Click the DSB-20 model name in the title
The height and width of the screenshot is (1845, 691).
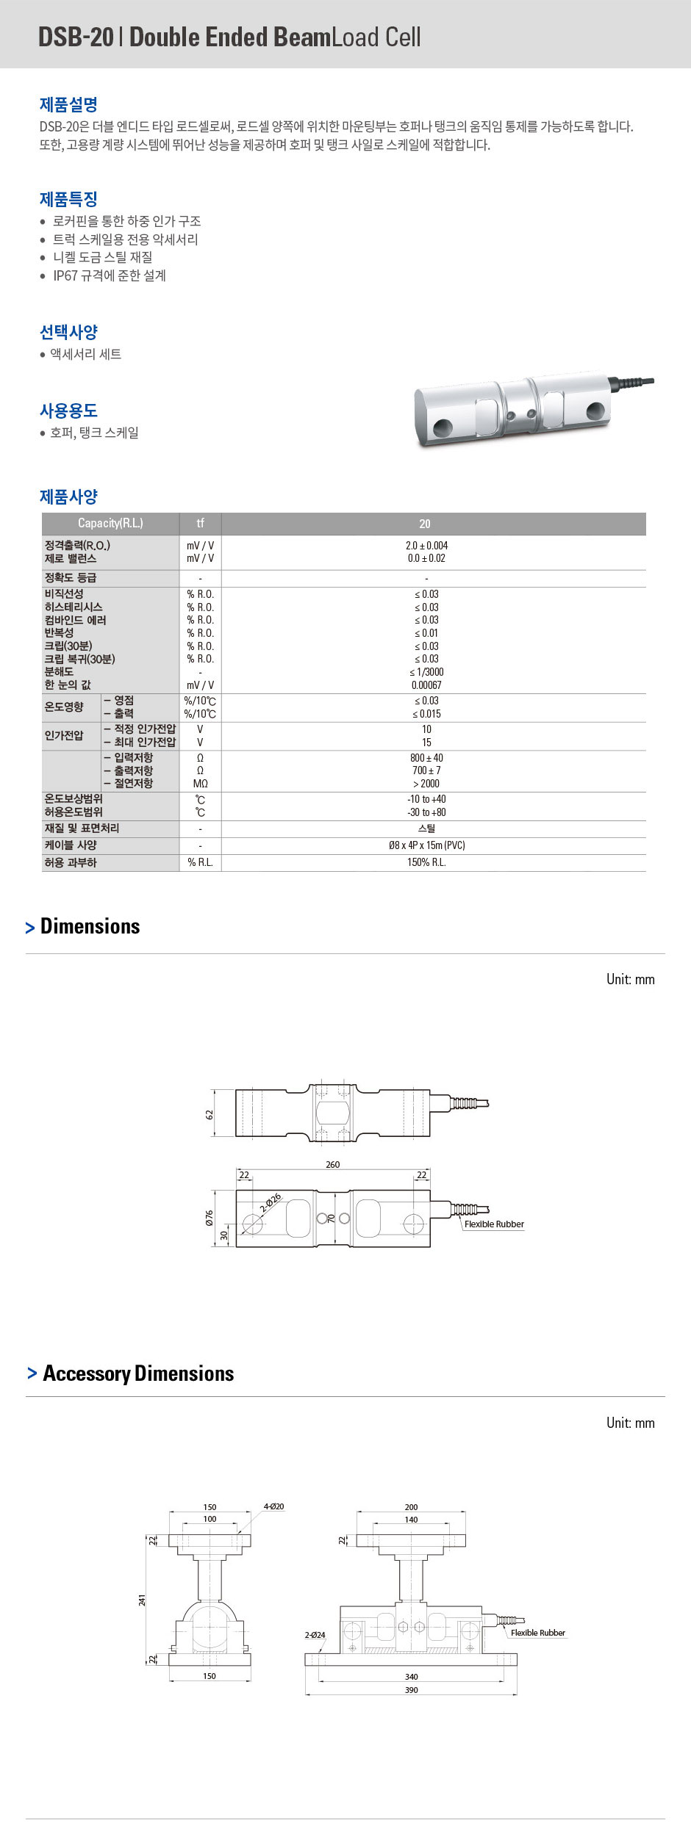[76, 37]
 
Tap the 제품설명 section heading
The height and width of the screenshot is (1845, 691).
[68, 104]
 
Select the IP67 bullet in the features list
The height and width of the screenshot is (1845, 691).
[109, 275]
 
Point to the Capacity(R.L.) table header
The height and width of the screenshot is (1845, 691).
[110, 523]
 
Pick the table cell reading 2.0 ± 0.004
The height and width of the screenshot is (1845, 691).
[426, 545]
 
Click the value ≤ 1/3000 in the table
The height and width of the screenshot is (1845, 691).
[426, 672]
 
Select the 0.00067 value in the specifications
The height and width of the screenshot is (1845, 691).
[426, 685]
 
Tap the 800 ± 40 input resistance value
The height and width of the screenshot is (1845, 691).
[426, 757]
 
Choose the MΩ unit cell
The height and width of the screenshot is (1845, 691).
[200, 784]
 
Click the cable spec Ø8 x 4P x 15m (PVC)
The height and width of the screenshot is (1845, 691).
[426, 845]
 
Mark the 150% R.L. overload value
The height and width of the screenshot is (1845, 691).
[426, 862]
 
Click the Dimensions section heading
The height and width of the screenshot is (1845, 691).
[90, 926]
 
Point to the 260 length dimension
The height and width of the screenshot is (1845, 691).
[333, 1164]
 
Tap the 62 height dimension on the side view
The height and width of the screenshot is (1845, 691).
[210, 1114]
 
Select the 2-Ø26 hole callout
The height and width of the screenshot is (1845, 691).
[271, 1202]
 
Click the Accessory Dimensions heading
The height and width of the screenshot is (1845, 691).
[138, 1373]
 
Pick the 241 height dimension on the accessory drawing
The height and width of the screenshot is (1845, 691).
[142, 1600]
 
